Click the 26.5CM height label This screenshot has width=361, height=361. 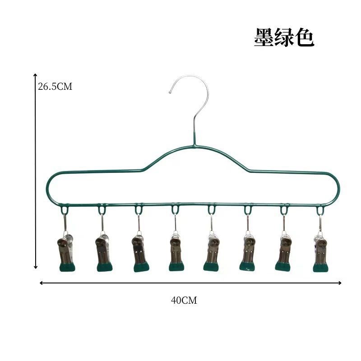55,87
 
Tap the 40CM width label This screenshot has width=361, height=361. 184,301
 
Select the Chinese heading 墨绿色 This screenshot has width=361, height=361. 284,37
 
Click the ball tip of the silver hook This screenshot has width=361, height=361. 170,93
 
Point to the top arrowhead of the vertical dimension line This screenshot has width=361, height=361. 35,75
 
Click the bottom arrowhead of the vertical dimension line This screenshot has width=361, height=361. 36,267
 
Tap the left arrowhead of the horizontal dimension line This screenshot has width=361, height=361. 41,283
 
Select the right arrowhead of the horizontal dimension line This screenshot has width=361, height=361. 340,283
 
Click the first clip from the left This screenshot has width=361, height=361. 66,252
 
